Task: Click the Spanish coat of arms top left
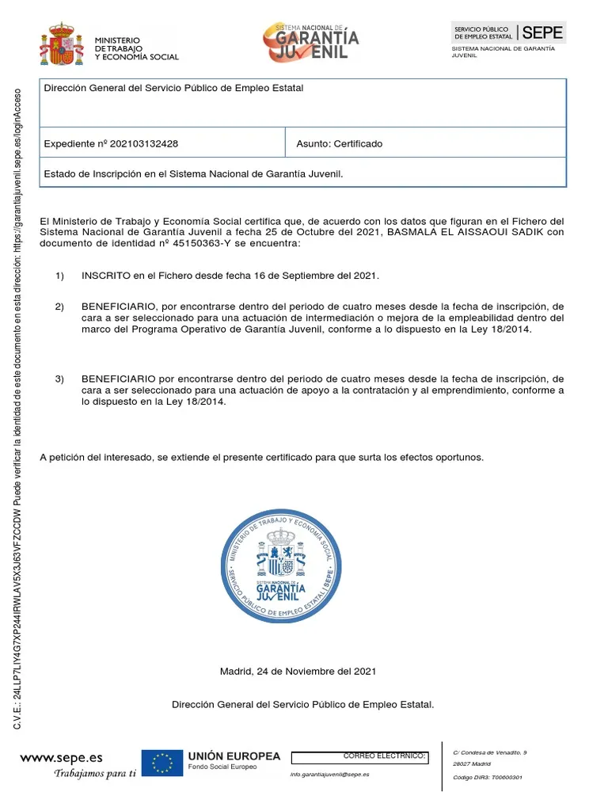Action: click(61, 45)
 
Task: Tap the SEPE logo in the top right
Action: click(508, 32)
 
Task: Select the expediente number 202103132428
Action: click(144, 144)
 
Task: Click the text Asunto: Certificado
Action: click(339, 144)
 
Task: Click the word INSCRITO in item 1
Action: click(104, 276)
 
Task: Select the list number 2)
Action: click(59, 306)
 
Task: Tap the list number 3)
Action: click(59, 379)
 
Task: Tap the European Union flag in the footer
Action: click(162, 763)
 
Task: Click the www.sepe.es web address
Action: click(61, 759)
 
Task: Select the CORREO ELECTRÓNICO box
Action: click(360, 758)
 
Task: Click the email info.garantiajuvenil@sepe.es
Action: click(329, 775)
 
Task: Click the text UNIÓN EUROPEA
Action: click(234, 756)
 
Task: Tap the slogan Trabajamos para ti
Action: click(95, 773)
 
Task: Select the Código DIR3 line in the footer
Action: click(487, 778)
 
